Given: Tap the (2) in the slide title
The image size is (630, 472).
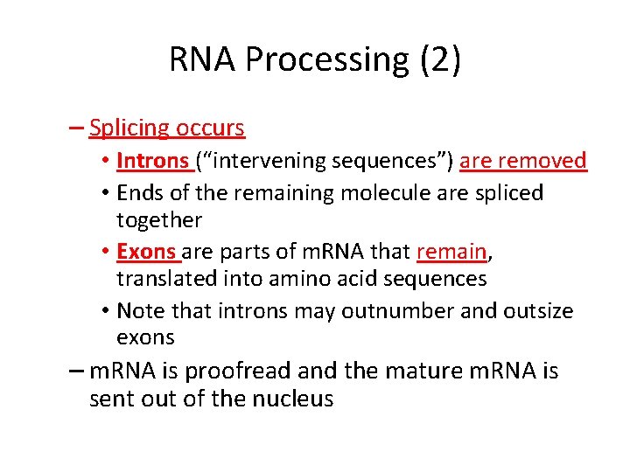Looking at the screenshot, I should (x=439, y=60).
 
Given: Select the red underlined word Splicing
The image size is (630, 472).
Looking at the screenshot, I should (x=129, y=128).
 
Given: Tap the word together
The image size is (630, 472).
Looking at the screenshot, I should (x=159, y=220).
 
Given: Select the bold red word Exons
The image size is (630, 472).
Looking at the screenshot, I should (x=146, y=252).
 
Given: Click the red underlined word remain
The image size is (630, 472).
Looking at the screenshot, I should (x=451, y=252).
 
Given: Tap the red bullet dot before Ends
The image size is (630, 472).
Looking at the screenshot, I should (x=104, y=193).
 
